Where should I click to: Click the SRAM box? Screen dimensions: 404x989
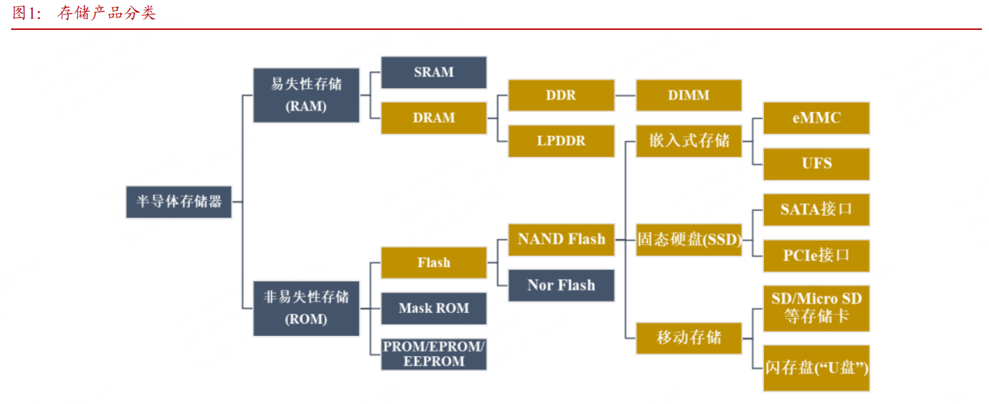434,72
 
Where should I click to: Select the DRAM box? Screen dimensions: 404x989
434,118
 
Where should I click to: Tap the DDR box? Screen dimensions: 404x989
561,95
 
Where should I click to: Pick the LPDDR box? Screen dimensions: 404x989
561,141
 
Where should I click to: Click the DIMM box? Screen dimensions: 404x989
689,95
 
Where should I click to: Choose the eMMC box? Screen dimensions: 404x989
816,118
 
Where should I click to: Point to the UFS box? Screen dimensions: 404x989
816,164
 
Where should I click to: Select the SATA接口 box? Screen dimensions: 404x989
816,210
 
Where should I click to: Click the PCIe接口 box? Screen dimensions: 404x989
816,255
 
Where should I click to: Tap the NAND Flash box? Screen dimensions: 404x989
561,239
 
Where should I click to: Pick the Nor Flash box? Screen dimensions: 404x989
561,285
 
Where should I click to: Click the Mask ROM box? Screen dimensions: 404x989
434,308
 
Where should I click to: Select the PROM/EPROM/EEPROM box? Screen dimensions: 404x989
434,354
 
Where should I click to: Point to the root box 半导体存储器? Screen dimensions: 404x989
179,201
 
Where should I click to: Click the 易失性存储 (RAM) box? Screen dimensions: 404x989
306,95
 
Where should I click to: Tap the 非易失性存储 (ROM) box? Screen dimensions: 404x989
306,308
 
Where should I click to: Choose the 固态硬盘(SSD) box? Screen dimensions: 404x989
689,239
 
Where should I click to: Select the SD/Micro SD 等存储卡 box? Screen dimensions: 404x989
816,308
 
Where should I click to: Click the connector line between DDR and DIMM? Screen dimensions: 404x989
626,95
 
